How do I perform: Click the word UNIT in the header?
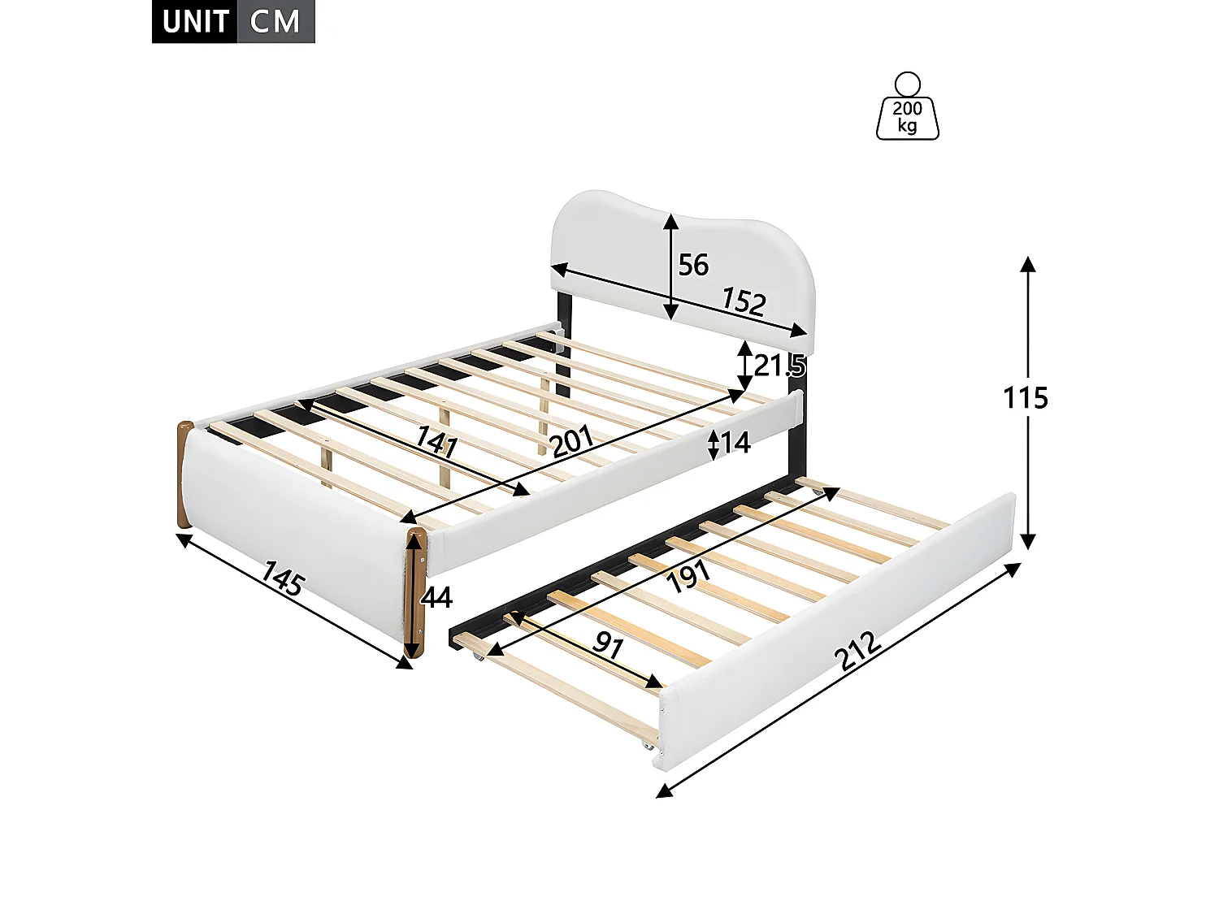[195, 22]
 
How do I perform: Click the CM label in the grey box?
[275, 22]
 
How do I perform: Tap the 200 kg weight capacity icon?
[908, 108]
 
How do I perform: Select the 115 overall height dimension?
[1026, 398]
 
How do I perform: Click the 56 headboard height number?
[693, 265]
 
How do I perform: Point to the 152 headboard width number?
[744, 302]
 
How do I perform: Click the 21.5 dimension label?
[779, 366]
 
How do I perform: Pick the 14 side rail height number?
[735, 443]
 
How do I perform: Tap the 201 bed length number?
[572, 441]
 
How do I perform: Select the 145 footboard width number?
[283, 579]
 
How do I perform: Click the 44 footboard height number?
[437, 598]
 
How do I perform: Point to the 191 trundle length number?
[688, 576]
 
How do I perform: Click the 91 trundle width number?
[607, 644]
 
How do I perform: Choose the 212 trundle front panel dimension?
[859, 651]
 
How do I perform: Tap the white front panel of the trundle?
[837, 634]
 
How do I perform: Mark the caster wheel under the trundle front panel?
[649, 746]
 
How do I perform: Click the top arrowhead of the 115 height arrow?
[1028, 264]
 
